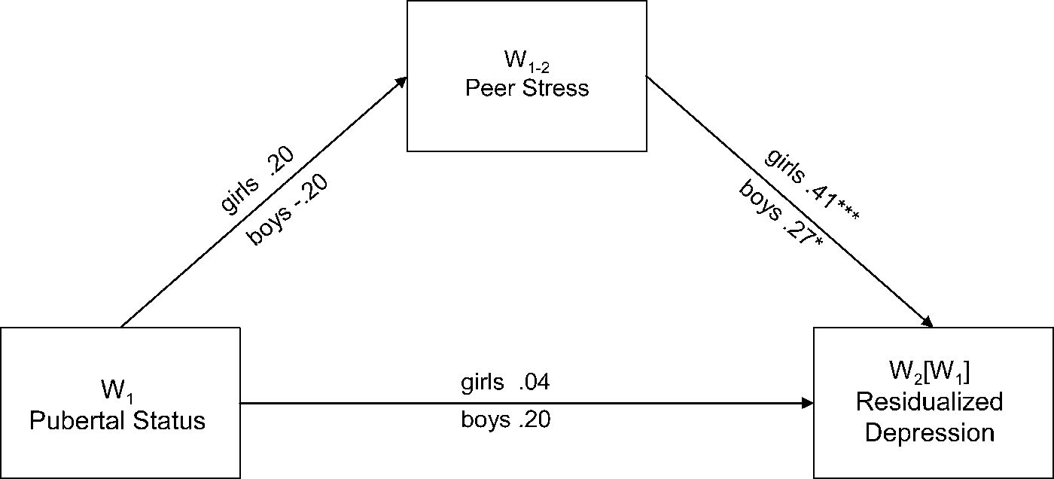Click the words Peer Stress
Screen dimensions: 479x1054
[x=526, y=88]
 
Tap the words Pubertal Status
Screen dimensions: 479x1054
[x=117, y=420]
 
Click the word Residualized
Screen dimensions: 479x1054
[x=929, y=402]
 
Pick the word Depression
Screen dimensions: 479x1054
[x=929, y=432]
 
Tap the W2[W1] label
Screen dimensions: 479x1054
[x=929, y=373]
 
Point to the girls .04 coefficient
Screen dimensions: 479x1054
[x=505, y=383]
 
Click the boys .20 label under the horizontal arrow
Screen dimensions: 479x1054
[x=505, y=420]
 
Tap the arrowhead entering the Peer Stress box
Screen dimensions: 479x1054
[x=401, y=81]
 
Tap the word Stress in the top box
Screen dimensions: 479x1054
[x=558, y=88]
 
